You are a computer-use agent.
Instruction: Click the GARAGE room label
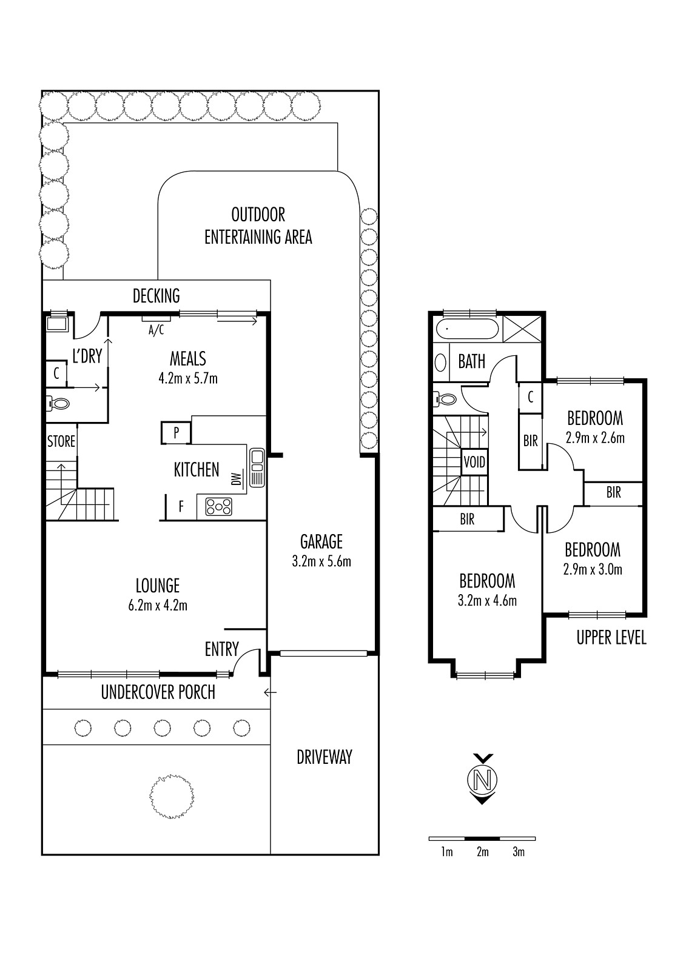[x=321, y=541]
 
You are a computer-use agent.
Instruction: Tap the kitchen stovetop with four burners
[x=219, y=506]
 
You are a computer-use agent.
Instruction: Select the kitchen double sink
[x=257, y=468]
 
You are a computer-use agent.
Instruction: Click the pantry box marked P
[x=176, y=433]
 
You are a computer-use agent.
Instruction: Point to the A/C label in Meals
[x=156, y=330]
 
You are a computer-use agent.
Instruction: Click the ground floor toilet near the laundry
[x=58, y=404]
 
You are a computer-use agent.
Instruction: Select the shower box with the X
[x=522, y=329]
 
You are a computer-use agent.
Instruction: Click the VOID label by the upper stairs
[x=474, y=462]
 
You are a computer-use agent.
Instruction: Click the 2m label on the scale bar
[x=482, y=852]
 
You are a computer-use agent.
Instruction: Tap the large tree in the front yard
[x=172, y=796]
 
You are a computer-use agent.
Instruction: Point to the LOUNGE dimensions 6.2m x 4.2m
[x=158, y=605]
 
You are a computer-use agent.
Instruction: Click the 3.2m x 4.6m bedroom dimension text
[x=487, y=600]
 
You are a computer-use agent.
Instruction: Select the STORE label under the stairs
[x=61, y=441]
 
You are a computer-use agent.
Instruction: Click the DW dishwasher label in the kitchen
[x=236, y=478]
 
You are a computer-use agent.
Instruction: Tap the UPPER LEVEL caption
[x=611, y=637]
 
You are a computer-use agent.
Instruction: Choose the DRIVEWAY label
[x=325, y=757]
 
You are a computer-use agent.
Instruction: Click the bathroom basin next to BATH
[x=440, y=363]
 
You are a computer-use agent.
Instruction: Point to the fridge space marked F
[x=181, y=506]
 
